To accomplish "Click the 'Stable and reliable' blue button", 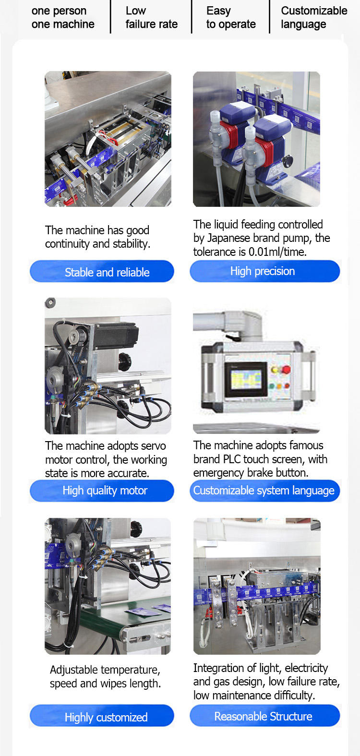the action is [102, 272].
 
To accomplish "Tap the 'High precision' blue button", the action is [264, 271].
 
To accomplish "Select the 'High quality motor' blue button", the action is [102, 491].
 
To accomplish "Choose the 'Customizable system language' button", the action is [264, 491].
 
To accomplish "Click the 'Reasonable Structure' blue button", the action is [264, 716].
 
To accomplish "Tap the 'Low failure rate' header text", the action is [152, 18].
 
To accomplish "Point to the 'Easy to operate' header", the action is [231, 18].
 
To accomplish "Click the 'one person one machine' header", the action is [63, 18].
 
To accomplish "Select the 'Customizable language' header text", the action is [314, 18].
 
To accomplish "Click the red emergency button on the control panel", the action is [286, 370].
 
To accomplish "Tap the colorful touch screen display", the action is [245, 379].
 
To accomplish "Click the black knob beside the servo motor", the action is [125, 360].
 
